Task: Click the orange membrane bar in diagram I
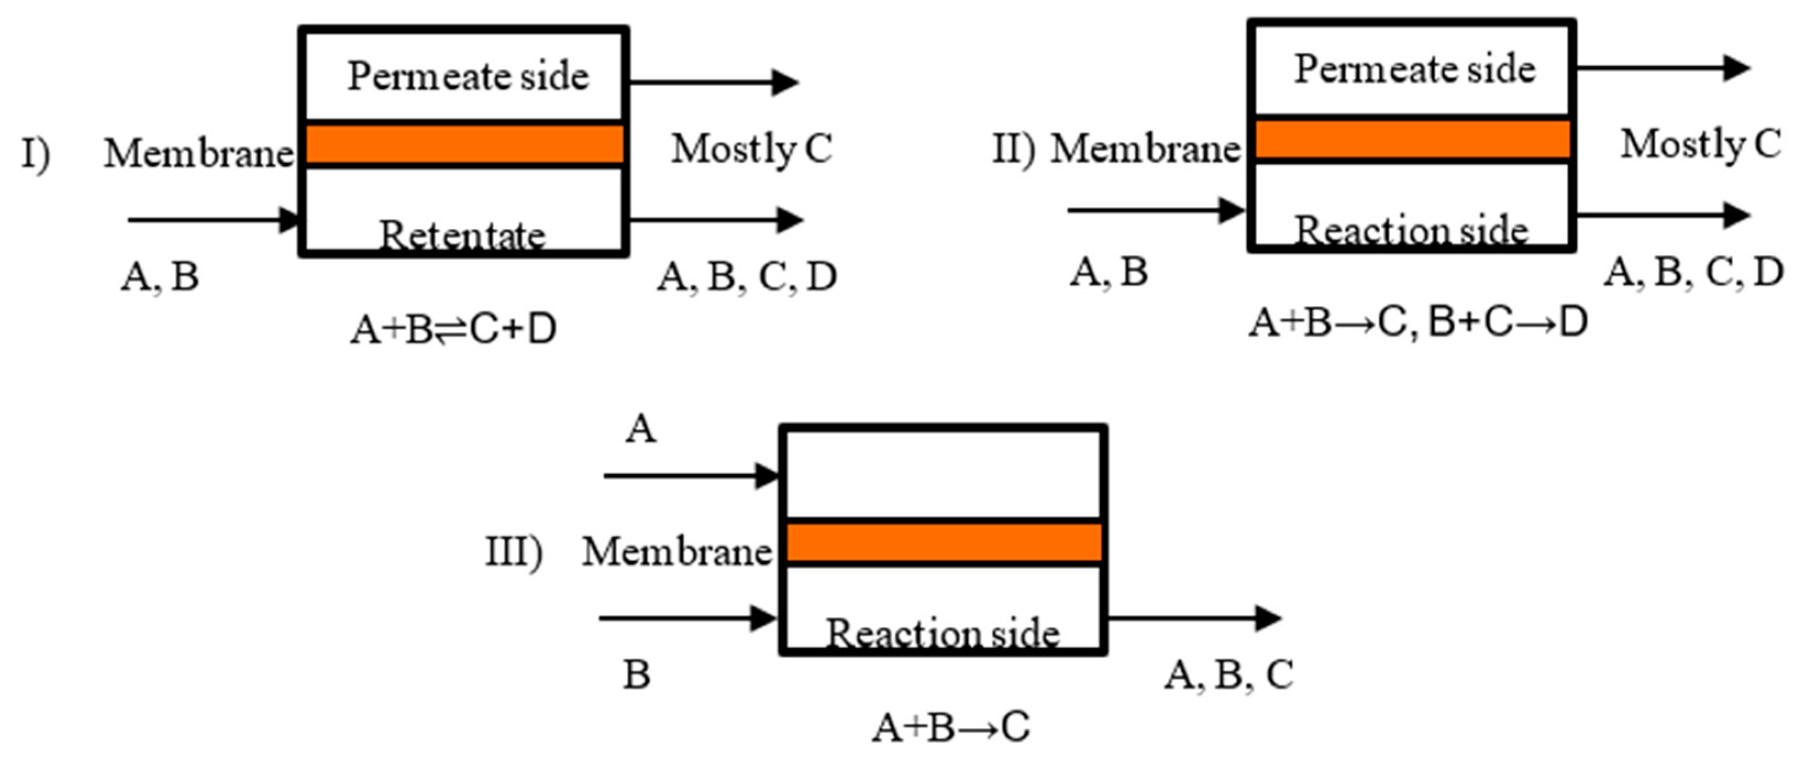(x=464, y=144)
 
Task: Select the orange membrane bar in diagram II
(x=1411, y=140)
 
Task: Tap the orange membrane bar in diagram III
(x=943, y=542)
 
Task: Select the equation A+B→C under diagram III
(x=950, y=727)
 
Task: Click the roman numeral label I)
(x=35, y=153)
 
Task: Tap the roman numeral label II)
(x=1013, y=149)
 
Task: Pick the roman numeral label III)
(x=514, y=552)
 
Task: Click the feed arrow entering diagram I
(x=211, y=219)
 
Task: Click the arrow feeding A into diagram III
(x=689, y=476)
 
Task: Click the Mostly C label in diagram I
(x=751, y=148)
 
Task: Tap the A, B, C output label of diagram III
(x=1228, y=675)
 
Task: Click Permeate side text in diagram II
(x=1415, y=69)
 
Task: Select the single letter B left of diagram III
(x=636, y=675)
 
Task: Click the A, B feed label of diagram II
(x=1108, y=272)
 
